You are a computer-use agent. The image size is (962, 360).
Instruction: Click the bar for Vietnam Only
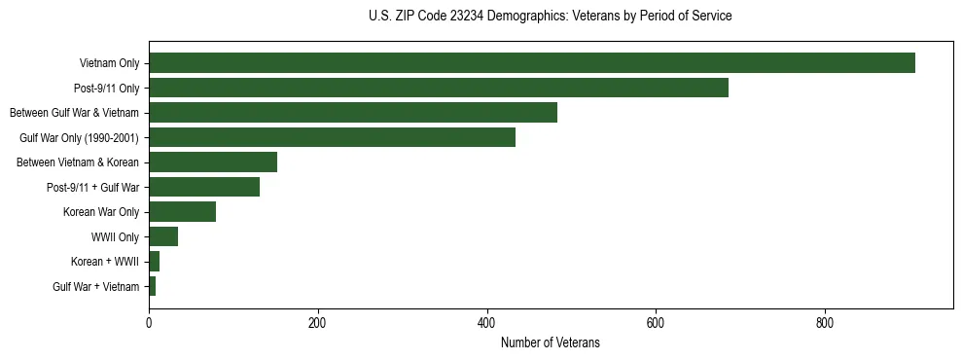click(x=532, y=63)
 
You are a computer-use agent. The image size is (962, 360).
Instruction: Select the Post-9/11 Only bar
click(x=439, y=88)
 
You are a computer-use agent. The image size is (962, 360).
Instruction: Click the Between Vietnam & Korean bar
click(x=213, y=162)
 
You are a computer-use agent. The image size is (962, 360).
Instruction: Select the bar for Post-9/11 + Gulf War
click(x=204, y=187)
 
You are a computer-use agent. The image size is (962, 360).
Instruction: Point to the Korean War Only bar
click(x=182, y=212)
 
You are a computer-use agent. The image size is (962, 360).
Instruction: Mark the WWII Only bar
click(x=163, y=236)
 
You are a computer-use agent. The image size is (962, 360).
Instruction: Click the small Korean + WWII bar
click(x=154, y=262)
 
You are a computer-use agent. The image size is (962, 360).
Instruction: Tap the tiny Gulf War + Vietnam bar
click(x=152, y=286)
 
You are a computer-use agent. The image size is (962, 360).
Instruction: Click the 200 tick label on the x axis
click(x=317, y=322)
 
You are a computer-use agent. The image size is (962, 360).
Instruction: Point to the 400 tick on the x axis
click(x=486, y=322)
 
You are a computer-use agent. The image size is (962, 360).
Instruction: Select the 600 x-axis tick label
click(x=656, y=322)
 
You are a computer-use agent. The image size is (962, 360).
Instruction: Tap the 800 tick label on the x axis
click(x=825, y=322)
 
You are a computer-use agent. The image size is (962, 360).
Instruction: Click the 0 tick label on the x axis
click(x=149, y=322)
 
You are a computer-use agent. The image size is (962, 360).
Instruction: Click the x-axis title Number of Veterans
click(x=550, y=343)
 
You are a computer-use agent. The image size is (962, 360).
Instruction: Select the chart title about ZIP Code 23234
click(x=550, y=17)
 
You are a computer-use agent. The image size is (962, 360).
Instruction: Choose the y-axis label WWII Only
click(x=115, y=236)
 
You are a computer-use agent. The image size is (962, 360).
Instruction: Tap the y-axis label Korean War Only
click(x=100, y=212)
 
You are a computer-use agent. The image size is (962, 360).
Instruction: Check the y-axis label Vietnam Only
click(x=109, y=63)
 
